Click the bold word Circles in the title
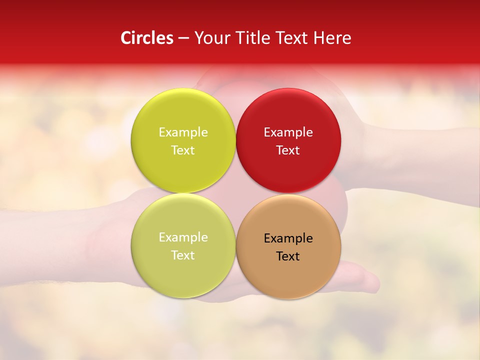(x=146, y=38)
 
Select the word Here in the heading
(x=332, y=38)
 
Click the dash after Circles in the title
(x=183, y=38)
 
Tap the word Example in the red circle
(x=288, y=132)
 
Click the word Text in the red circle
(x=288, y=150)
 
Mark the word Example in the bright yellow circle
(x=183, y=132)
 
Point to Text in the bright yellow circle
(x=183, y=150)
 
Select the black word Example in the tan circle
(x=288, y=238)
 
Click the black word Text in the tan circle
(x=288, y=256)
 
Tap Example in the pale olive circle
(x=183, y=237)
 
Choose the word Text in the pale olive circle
(x=183, y=255)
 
